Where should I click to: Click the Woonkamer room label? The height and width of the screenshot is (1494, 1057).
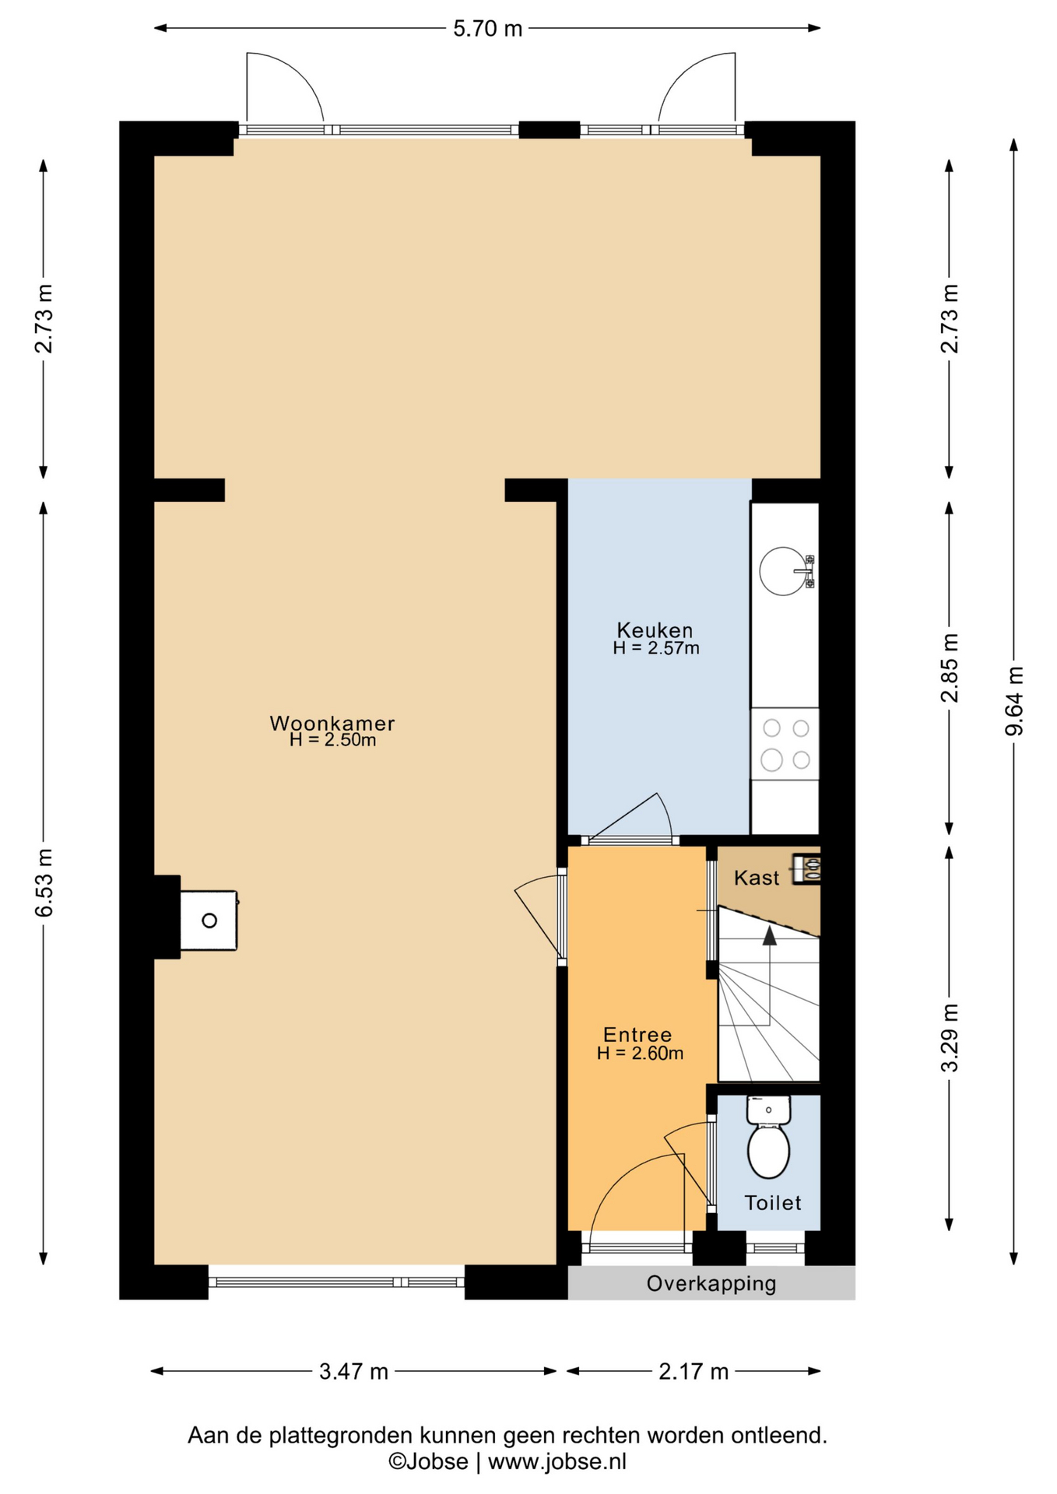[x=332, y=723]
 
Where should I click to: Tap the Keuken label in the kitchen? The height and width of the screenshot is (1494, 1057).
[x=655, y=630]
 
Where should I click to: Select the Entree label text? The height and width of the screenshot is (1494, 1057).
[x=637, y=1034]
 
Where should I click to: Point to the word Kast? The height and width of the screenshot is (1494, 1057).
[x=757, y=878]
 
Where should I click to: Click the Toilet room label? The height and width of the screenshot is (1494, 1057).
[x=773, y=1202]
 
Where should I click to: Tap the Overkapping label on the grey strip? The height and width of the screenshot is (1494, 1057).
[x=711, y=1283]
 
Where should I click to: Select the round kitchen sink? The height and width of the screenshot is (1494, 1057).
[x=783, y=571]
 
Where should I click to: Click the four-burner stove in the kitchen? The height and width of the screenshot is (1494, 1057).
[x=785, y=744]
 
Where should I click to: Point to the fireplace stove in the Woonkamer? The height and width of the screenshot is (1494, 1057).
[x=209, y=921]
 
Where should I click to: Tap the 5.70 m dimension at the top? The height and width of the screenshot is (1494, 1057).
[x=487, y=29]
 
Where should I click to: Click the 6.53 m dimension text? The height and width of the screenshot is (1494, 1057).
[x=44, y=882]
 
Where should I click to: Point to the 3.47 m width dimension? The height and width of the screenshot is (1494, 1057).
[x=353, y=1371]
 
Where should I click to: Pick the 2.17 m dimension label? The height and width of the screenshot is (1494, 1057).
[x=694, y=1371]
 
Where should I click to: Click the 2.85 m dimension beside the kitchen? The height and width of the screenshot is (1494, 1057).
[x=950, y=668]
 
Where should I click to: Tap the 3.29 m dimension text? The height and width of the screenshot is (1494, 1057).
[x=950, y=1037]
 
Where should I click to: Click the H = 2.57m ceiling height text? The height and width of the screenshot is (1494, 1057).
[x=655, y=647]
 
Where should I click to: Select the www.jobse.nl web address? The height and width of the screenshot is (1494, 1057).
[x=557, y=1461]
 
